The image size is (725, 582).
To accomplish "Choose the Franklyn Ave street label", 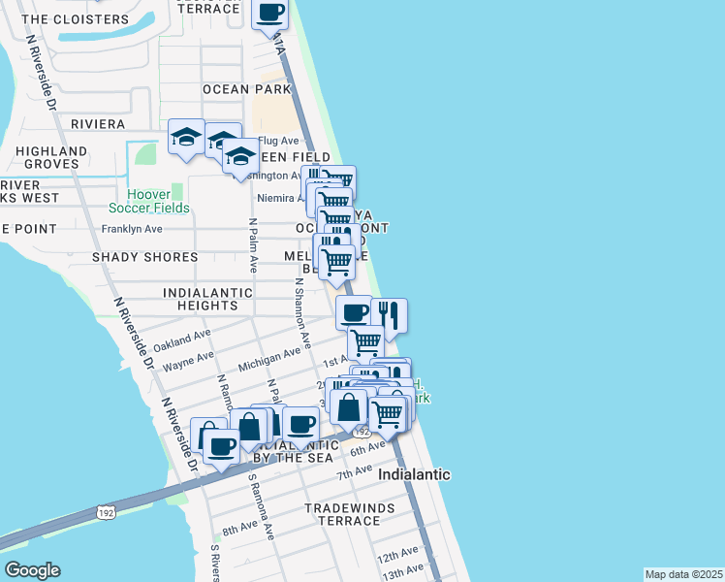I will pos(131,230).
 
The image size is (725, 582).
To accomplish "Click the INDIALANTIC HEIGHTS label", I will pos(207,299).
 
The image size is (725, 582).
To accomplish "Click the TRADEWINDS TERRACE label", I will pos(342,514).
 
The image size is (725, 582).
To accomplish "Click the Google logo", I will pos(32,570).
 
